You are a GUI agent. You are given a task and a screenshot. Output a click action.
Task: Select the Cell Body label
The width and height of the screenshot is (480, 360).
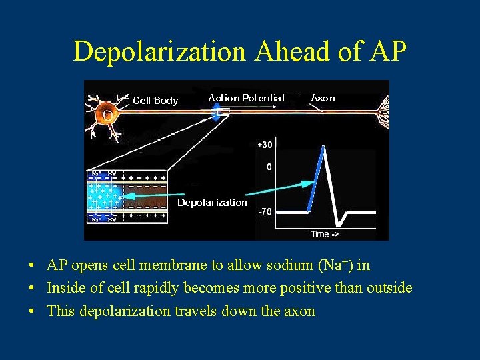click(155, 101)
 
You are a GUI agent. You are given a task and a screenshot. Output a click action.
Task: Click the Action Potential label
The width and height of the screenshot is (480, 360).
click(246, 98)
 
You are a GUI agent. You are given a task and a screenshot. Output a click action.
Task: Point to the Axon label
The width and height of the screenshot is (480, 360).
click(323, 98)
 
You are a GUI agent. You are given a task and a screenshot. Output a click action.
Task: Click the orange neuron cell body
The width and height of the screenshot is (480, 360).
click(107, 114)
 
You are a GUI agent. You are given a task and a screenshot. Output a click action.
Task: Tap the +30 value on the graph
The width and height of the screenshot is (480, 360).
click(265, 145)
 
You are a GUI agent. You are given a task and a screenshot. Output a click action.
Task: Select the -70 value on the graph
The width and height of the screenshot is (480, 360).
click(265, 211)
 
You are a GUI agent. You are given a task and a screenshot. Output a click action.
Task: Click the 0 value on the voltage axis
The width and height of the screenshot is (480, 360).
click(269, 167)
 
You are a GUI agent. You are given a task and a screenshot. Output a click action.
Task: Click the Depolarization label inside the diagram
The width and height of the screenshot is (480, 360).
click(212, 203)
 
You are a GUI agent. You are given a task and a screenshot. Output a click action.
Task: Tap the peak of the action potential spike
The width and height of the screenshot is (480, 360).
click(325, 147)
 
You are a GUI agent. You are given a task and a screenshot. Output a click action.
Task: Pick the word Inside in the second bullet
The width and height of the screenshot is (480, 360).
click(65, 288)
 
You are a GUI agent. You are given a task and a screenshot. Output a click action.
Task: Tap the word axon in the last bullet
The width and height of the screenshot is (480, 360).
click(300, 311)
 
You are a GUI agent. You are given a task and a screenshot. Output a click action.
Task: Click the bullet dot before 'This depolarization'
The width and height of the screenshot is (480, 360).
click(32, 311)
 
